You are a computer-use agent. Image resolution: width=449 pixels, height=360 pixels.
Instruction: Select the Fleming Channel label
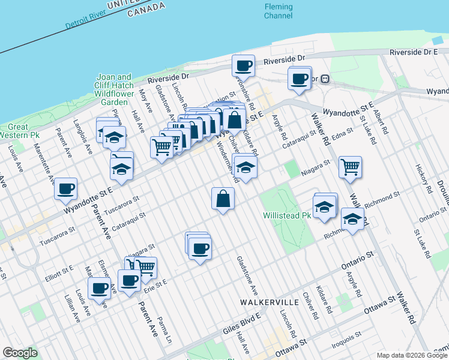[279, 11]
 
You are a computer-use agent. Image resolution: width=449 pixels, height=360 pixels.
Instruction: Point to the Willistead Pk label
[286, 215]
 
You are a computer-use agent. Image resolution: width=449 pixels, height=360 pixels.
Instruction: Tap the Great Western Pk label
[18, 131]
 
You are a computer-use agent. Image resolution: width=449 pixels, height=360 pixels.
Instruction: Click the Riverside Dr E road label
[414, 52]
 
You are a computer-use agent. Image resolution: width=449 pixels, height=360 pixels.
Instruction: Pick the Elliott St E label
[58, 273]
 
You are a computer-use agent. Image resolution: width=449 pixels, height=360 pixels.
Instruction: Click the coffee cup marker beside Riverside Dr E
[244, 65]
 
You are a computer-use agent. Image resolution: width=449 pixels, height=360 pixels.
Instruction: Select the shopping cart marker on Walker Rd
[350, 167]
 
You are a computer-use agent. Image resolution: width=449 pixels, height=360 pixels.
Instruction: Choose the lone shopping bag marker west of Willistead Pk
[223, 199]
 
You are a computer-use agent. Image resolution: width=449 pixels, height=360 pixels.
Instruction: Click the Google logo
[20, 353]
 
